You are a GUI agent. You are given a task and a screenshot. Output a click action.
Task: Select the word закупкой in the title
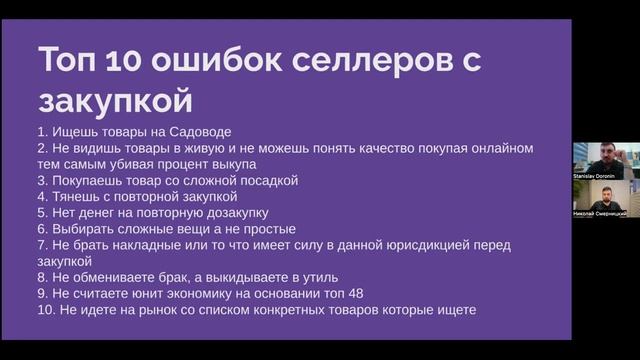click(x=114, y=100)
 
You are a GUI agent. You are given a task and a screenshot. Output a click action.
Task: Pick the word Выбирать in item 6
click(x=83, y=229)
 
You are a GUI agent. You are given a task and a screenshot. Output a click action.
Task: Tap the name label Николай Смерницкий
click(x=599, y=213)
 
